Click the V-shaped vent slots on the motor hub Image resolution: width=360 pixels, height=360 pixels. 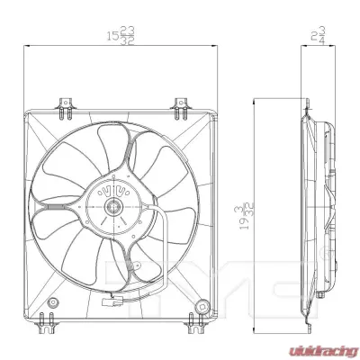pos(114,191)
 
